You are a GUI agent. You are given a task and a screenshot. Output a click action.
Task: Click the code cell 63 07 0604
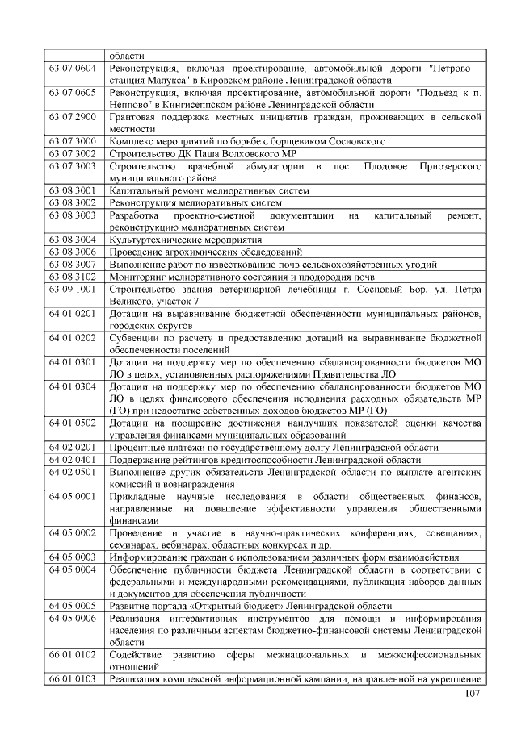[x=73, y=69]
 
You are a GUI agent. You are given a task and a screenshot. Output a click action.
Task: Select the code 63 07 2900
[x=73, y=117]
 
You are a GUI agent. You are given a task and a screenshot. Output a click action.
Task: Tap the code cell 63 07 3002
[x=73, y=153]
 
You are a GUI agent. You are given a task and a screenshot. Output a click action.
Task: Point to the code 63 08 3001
[x=73, y=190]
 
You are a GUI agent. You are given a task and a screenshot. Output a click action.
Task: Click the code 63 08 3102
[x=73, y=276]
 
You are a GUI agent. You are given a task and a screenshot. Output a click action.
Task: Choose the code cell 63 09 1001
[x=73, y=288]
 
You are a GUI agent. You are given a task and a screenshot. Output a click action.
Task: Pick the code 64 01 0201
[x=73, y=312]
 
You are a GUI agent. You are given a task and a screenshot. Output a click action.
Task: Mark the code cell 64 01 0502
[x=73, y=421]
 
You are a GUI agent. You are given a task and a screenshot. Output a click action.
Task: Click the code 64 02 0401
[x=73, y=458]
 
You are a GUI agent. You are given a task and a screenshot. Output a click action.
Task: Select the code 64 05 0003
[x=73, y=556]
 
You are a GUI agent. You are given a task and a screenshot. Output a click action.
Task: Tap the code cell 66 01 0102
[x=73, y=653]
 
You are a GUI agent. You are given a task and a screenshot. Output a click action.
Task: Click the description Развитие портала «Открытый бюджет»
[x=250, y=605]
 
